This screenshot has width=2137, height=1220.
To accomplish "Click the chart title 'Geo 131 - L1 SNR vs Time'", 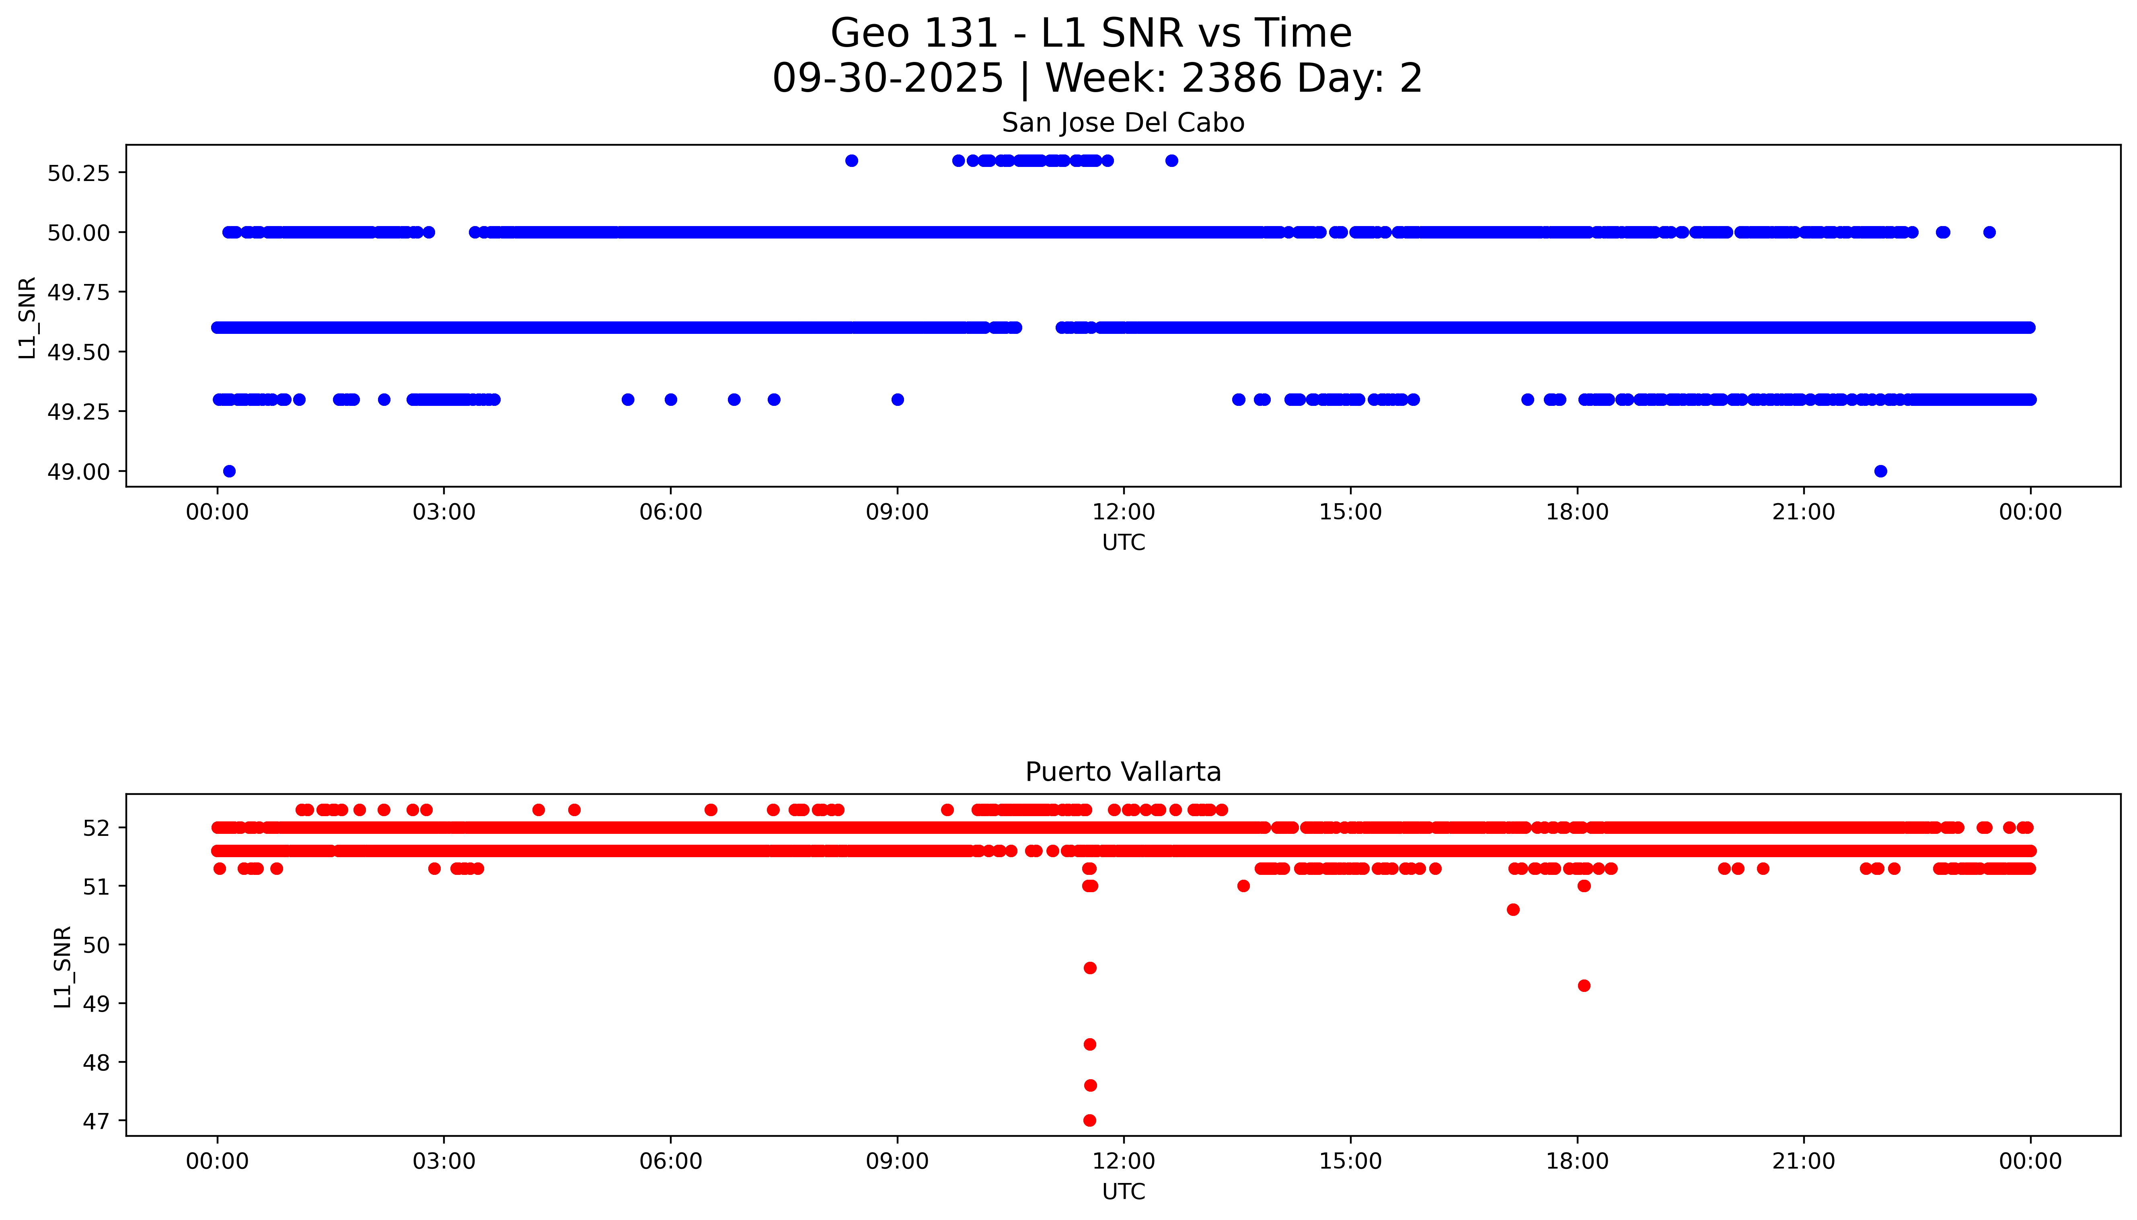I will (1091, 33).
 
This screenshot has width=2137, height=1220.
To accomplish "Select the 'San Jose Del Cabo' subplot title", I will (1122, 123).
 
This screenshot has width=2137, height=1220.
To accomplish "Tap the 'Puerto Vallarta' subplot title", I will (1122, 772).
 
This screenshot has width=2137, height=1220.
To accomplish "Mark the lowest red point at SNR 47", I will (1089, 1120).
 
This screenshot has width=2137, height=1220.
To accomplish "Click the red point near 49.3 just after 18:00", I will (1583, 985).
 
